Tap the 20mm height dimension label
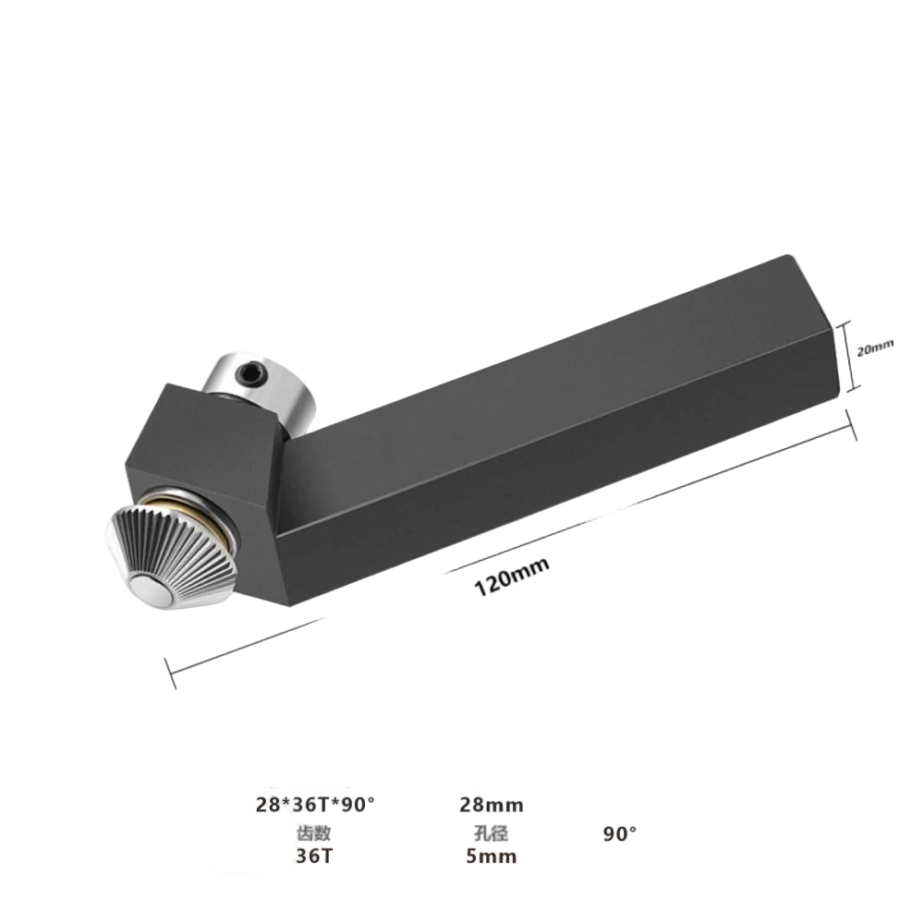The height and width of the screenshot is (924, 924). click(x=875, y=348)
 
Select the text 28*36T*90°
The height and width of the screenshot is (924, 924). click(x=315, y=805)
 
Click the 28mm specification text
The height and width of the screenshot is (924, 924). click(x=492, y=805)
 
